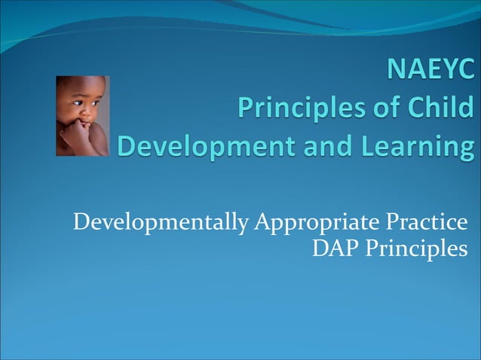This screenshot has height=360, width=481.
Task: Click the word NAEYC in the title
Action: click(x=430, y=72)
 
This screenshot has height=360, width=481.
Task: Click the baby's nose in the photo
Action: click(x=82, y=114)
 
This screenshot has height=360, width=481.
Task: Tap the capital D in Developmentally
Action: click(x=81, y=223)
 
